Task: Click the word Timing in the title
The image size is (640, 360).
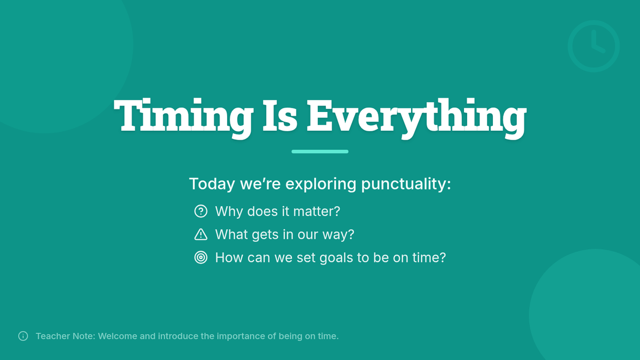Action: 183,118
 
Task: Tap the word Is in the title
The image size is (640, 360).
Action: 280,116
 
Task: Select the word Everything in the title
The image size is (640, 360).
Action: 417,118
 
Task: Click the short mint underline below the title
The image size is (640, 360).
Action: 320,151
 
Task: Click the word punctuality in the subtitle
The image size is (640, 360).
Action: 406,183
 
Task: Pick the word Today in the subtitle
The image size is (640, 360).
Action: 212,183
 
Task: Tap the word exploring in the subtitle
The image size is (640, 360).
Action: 321,183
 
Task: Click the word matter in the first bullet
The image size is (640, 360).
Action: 317,211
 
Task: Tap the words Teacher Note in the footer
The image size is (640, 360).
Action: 66,336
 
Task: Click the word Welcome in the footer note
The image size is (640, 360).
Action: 118,336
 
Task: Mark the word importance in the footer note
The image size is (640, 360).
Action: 241,337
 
